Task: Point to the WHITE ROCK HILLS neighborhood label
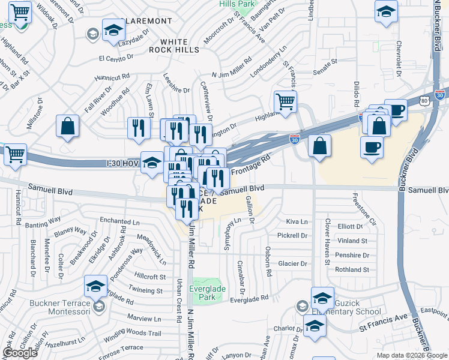(x=181, y=50)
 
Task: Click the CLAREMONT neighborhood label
(x=148, y=21)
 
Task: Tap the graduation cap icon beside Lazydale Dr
(x=113, y=31)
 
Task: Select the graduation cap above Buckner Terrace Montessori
(x=95, y=287)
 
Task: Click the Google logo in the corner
(x=20, y=353)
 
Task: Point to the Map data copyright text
(x=412, y=356)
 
